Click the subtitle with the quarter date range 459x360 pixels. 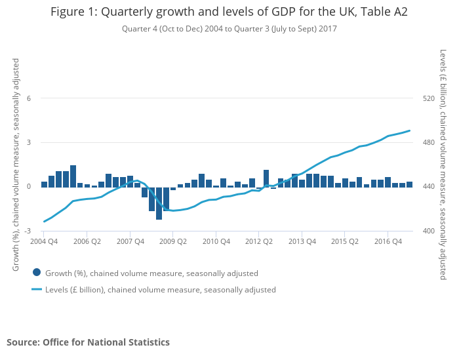229,29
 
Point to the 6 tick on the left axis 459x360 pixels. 29,98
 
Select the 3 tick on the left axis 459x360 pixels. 29,142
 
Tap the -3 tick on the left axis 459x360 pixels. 28,231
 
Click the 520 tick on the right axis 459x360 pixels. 429,98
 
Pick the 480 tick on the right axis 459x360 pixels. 429,142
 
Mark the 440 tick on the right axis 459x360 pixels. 429,187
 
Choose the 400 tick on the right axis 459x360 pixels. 429,231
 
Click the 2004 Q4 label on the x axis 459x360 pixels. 43,241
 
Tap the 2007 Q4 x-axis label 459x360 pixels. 130,241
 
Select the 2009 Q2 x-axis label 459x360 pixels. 172,241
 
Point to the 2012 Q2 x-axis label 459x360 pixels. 259,241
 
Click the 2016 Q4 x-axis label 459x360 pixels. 388,241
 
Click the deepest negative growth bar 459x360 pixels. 159,203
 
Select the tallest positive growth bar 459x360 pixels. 73,176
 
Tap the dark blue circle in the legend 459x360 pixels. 37,273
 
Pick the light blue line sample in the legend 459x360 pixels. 37,289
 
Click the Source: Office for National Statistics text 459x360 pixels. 88,342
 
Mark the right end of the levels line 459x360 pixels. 410,130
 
